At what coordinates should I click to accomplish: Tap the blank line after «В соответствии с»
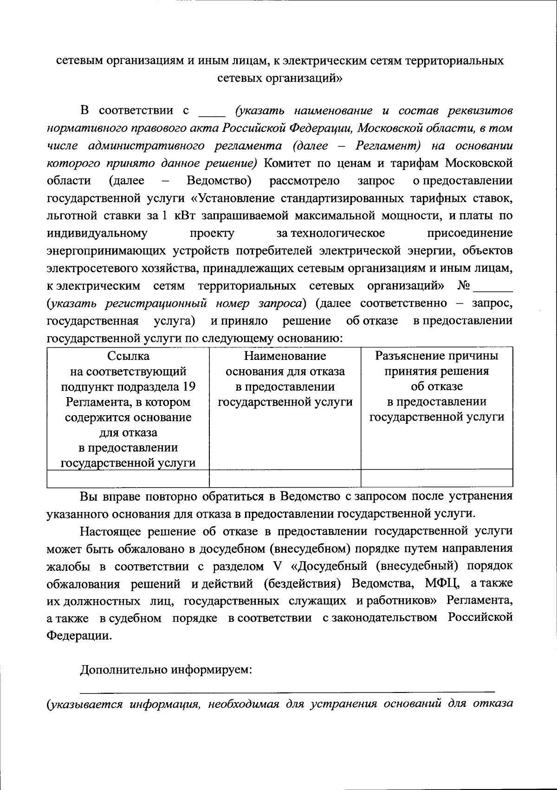pos(212,115)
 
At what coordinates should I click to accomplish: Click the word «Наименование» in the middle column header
pos(285,356)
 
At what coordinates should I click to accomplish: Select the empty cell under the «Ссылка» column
pos(128,478)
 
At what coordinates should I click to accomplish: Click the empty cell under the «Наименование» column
pos(285,478)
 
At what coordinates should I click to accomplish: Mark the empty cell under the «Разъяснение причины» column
pos(437,478)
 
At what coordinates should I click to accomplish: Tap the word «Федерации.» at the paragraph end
pos(79,636)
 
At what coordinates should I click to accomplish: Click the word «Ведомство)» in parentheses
pos(219,181)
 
